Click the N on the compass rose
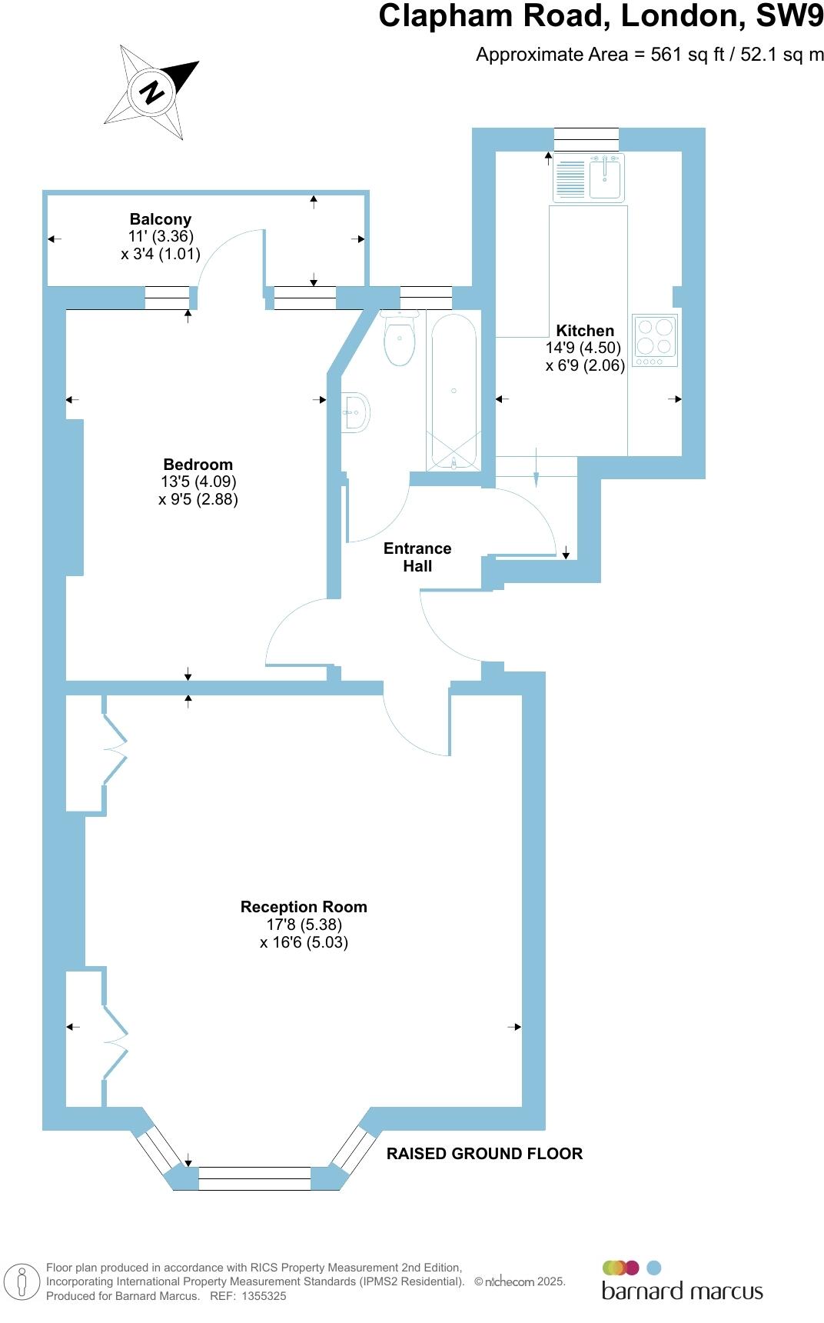point(151,92)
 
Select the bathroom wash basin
point(356,412)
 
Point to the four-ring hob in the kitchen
point(655,339)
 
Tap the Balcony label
point(160,219)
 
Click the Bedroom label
point(198,465)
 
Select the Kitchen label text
point(585,331)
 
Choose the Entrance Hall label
point(417,557)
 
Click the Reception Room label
point(304,907)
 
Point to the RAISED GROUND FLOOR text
point(484,1154)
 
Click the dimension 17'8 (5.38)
point(304,925)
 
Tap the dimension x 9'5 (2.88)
point(198,499)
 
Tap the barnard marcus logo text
point(682,1291)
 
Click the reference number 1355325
point(264,1296)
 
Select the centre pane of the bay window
point(254,1178)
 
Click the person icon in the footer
point(22,1282)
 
